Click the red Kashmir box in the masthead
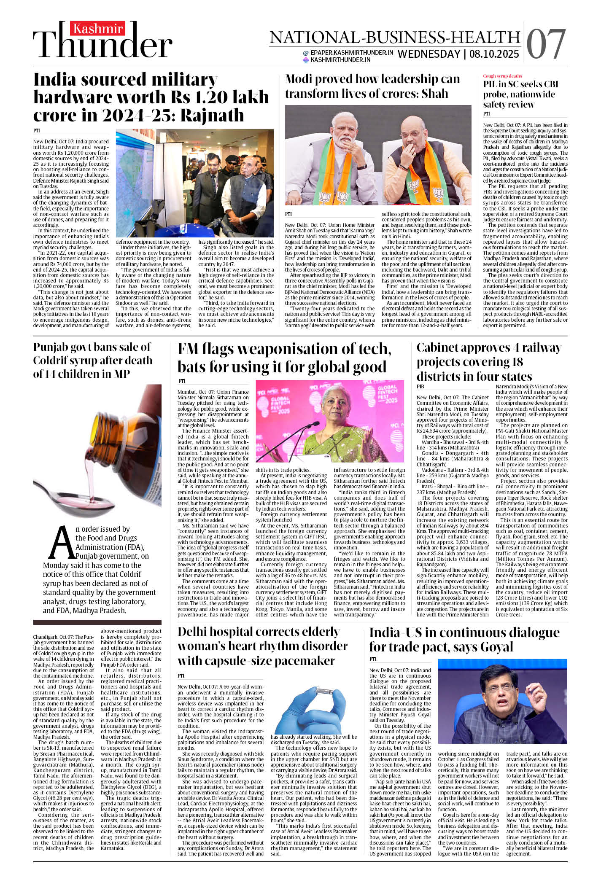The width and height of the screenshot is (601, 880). pos(98,29)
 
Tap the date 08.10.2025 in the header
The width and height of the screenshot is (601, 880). pos(494,54)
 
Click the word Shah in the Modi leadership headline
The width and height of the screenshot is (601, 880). pos(435,93)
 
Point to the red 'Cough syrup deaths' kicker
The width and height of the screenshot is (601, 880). pos(502,76)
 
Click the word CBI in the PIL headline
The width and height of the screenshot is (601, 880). pos(548,84)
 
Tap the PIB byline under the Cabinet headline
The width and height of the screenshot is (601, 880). pos(420,386)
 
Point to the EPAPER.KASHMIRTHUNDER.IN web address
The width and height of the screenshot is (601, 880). pos(352,53)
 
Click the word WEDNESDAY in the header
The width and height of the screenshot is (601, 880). pos(429,54)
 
